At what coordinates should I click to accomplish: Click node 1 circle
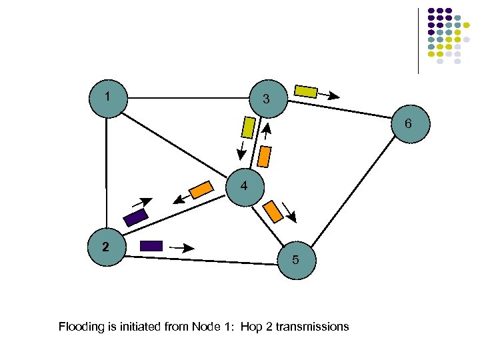[x=107, y=99]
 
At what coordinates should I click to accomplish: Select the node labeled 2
[x=105, y=248]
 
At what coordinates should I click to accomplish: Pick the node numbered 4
[x=245, y=187]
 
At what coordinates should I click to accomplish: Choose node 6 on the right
[x=408, y=125]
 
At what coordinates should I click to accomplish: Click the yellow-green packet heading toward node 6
[x=306, y=91]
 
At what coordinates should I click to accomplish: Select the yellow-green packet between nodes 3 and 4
[x=248, y=127]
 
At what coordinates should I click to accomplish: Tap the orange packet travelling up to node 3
[x=265, y=156]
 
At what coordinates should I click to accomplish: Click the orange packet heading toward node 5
[x=273, y=211]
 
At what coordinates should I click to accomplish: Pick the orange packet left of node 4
[x=201, y=190]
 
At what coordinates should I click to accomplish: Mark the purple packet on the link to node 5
[x=151, y=245]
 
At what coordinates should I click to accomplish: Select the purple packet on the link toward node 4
[x=135, y=217]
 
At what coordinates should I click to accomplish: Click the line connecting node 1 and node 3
[x=187, y=98]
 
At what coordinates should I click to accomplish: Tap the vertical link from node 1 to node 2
[x=107, y=173]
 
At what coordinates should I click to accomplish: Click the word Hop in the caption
[x=251, y=327]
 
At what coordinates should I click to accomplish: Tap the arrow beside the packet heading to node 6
[x=329, y=96]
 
